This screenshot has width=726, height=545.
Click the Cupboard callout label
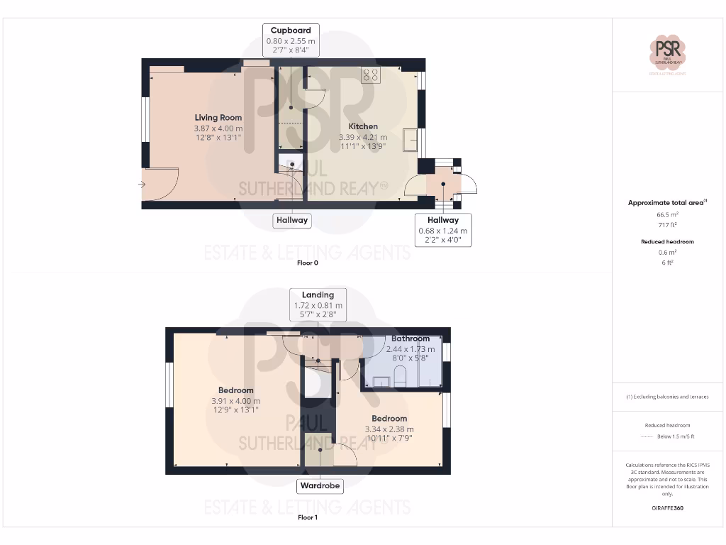291,31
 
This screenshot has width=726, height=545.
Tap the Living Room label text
218,118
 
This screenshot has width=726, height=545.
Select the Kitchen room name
363,126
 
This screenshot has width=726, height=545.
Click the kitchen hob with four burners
370,75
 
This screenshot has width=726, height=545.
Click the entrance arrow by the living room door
142,185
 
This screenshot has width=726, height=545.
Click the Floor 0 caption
307,263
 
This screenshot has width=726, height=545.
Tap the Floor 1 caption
307,517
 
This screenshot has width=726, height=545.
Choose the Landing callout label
318,295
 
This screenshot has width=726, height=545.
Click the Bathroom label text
411,338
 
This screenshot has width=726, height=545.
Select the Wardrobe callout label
320,486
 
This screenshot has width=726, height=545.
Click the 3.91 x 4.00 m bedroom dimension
236,401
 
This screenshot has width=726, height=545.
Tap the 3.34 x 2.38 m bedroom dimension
389,429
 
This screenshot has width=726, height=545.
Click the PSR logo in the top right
668,53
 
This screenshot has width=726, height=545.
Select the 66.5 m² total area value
667,214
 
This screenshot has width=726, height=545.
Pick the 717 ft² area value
667,225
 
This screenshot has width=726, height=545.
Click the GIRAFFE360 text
667,508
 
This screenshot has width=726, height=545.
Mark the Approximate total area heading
667,202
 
